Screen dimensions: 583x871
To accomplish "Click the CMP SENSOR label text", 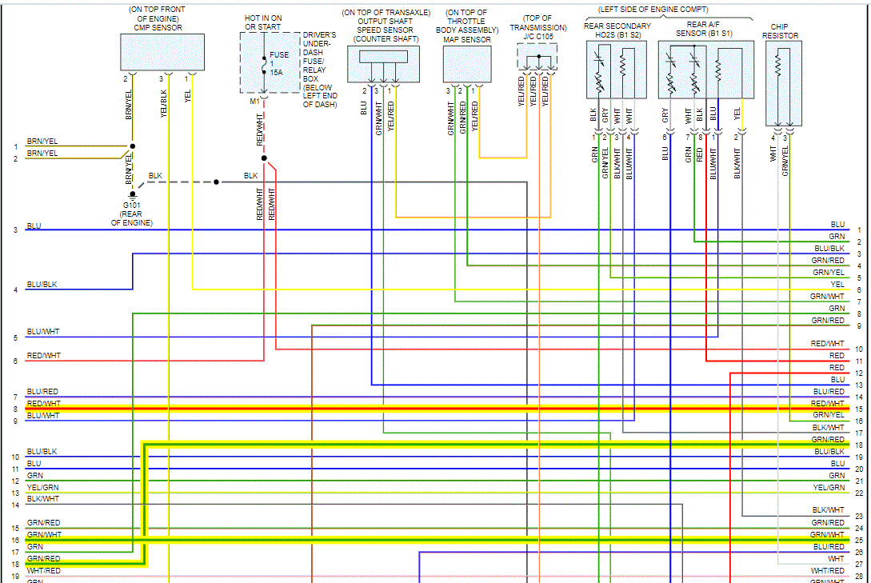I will tap(157, 28).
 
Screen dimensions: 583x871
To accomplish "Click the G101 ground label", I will tap(132, 205).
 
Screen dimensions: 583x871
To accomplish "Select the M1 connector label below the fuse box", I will tap(254, 101).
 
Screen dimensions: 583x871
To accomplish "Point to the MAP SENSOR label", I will tap(468, 39).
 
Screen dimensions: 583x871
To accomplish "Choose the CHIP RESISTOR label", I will tap(780, 31).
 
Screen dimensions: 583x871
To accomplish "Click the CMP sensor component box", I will tap(157, 53).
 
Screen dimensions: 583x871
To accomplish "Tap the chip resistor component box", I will tap(784, 84).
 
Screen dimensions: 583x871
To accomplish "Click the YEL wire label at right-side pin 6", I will tap(837, 284).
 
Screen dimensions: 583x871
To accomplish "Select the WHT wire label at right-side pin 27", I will tap(836, 558).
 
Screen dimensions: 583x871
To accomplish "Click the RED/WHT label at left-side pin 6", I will tap(43, 356).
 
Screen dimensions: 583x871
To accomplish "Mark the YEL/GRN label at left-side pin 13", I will tap(43, 487).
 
